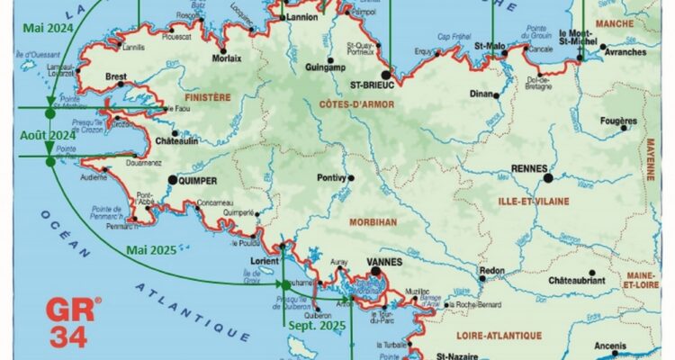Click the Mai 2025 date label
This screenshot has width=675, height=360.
tap(150, 249)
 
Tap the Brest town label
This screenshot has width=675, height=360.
tap(115, 77)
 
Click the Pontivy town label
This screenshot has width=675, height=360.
tap(331, 178)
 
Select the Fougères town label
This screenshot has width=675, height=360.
tap(617, 120)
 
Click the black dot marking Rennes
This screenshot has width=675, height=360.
tap(547, 178)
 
